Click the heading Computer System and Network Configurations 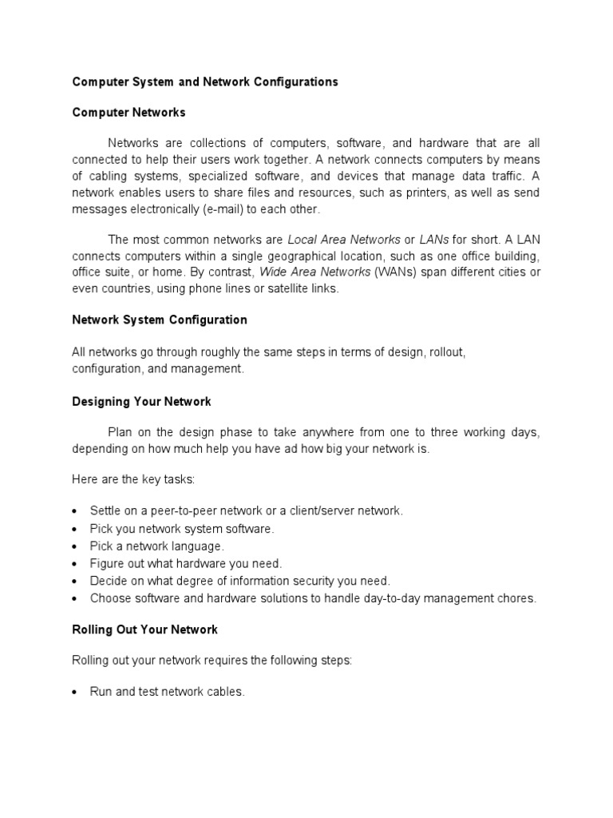click(x=205, y=81)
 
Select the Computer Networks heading click(x=129, y=113)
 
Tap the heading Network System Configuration click(x=160, y=320)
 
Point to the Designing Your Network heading click(x=141, y=401)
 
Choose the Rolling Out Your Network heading click(x=144, y=629)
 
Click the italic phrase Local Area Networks click(x=344, y=239)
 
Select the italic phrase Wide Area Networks click(x=315, y=272)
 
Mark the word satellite click(x=270, y=289)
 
